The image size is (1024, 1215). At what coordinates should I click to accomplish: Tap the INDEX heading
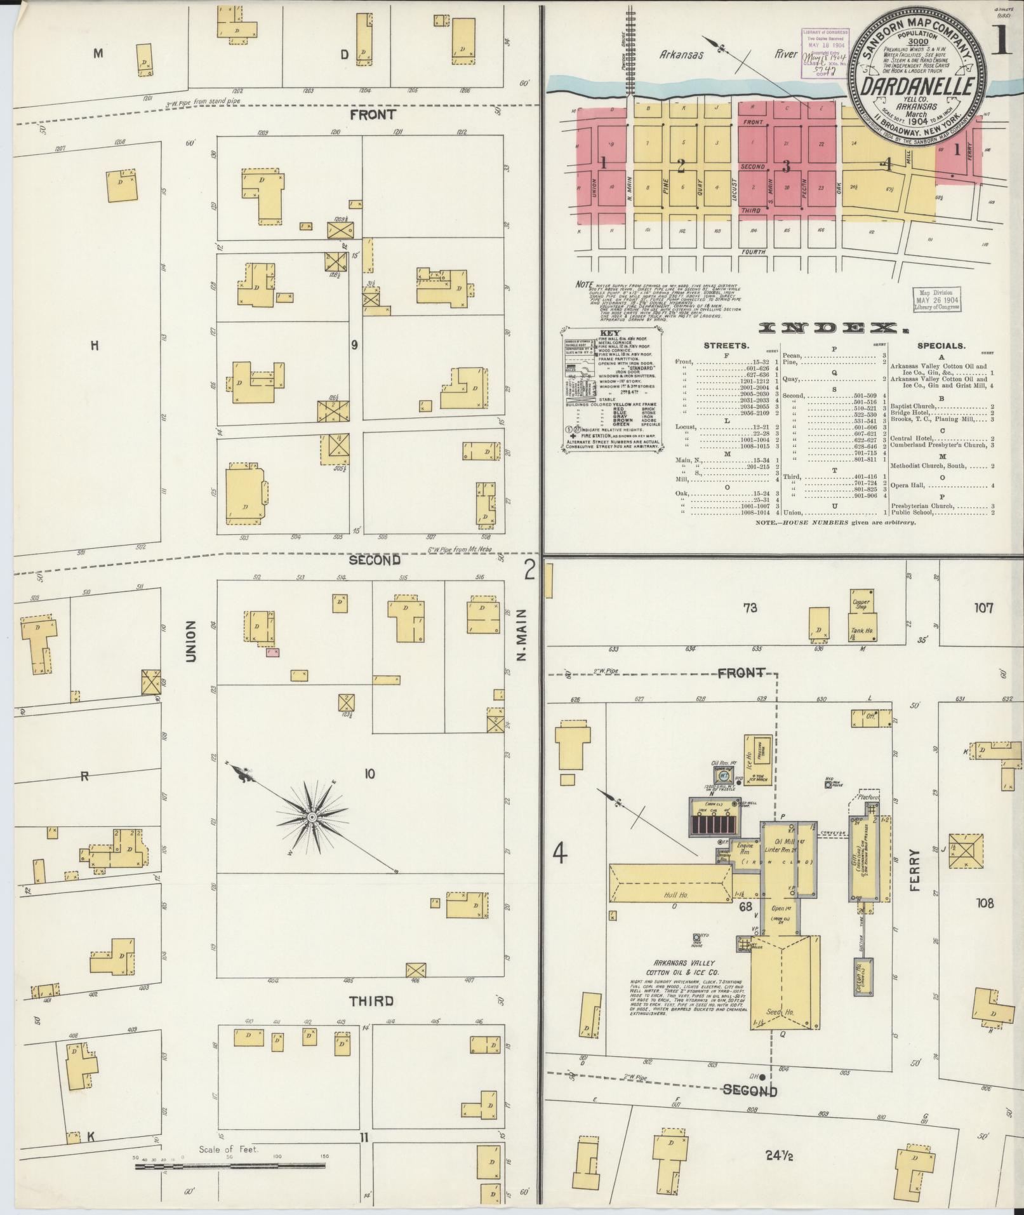coord(831,328)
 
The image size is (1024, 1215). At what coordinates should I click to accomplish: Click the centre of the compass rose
coord(312,815)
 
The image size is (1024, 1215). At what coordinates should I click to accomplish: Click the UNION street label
coord(190,642)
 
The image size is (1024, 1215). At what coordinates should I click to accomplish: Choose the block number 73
coord(750,608)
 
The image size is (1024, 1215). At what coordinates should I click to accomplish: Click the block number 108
coord(985,903)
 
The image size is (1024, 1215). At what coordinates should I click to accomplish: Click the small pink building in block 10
coord(273,652)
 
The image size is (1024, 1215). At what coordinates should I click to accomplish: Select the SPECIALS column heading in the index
coord(941,346)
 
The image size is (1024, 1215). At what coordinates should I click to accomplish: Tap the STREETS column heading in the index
coord(726,346)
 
